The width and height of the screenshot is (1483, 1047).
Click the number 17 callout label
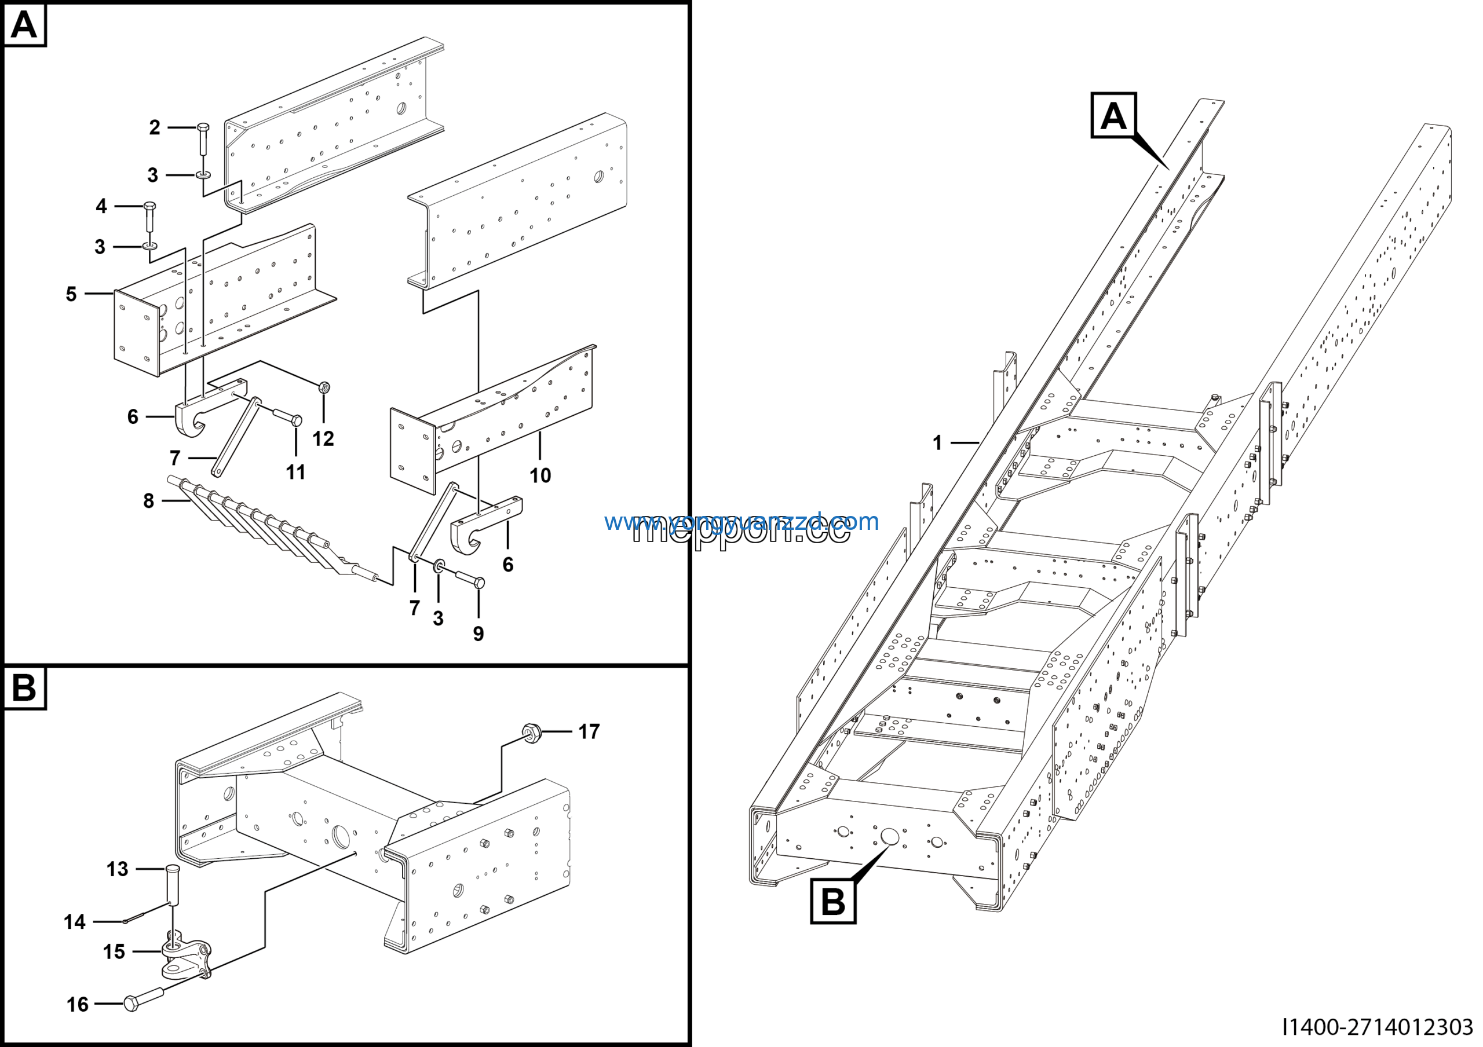point(589,731)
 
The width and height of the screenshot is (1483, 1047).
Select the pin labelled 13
point(173,885)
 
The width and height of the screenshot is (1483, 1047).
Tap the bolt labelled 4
point(149,218)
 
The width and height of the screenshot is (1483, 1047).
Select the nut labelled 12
point(324,388)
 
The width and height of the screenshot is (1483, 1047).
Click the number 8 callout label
point(148,500)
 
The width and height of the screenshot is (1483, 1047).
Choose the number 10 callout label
point(540,476)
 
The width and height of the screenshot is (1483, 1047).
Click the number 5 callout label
point(71,294)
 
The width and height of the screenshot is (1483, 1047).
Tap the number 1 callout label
point(937,443)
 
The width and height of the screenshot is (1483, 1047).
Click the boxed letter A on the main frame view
point(1113,116)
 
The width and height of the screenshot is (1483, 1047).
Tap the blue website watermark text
point(741,522)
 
